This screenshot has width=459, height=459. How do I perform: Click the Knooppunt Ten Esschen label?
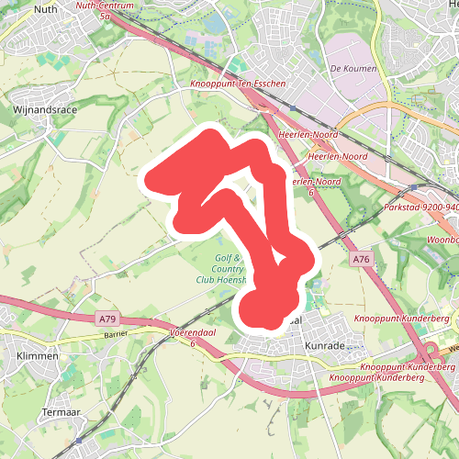(239, 84)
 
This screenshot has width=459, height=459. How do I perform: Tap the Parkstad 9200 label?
(422, 208)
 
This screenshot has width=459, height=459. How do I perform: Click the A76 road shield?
(360, 261)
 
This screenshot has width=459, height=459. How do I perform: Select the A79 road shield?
(106, 319)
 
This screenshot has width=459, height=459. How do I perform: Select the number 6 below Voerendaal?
(194, 341)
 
